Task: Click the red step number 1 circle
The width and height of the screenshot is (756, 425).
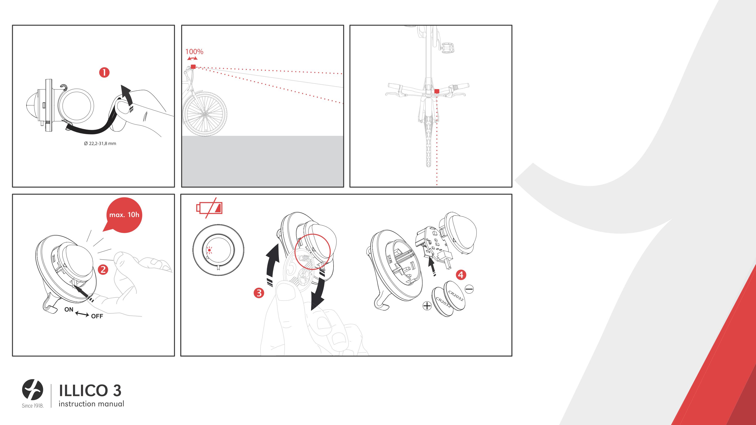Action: click(104, 72)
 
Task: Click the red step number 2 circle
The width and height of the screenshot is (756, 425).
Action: click(103, 270)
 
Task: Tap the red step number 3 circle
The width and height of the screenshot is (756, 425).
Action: click(259, 293)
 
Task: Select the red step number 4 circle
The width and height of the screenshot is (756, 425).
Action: click(461, 275)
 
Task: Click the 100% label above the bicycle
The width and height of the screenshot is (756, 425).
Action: click(194, 52)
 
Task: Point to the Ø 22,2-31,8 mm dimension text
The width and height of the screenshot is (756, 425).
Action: click(100, 143)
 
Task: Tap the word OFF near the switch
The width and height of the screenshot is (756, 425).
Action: click(97, 316)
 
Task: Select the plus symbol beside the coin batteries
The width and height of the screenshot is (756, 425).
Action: click(427, 306)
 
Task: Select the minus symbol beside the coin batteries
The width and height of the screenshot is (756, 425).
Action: click(469, 289)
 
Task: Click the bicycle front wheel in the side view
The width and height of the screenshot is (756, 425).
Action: click(205, 114)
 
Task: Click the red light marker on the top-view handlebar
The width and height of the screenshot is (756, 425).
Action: click(437, 91)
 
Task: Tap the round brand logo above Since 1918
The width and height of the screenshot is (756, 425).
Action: click(32, 390)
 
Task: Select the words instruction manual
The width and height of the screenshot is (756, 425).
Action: click(91, 404)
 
